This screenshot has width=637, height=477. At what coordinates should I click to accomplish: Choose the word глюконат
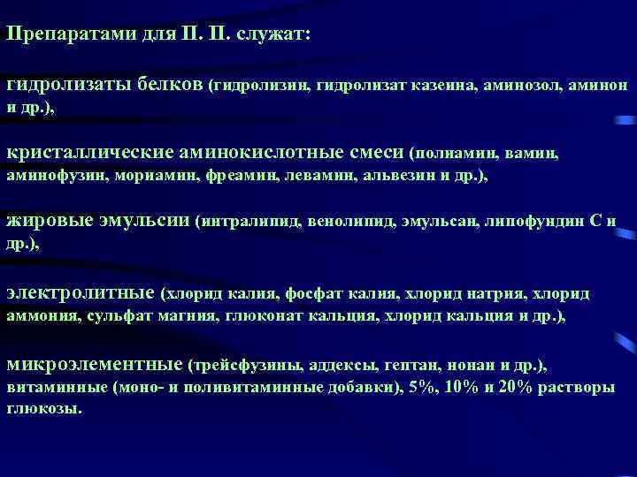coord(261,315)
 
